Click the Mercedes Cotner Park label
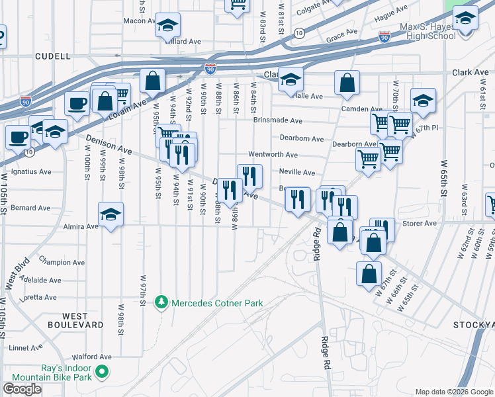click(x=217, y=303)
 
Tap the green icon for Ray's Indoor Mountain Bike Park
click(x=102, y=373)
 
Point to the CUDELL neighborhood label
click(x=52, y=56)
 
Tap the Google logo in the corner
click(x=22, y=389)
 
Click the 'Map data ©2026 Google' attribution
click(x=454, y=392)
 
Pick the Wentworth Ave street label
click(x=273, y=154)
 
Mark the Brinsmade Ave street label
click(x=277, y=120)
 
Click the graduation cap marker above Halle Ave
click(x=291, y=80)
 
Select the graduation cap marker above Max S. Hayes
click(x=465, y=19)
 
